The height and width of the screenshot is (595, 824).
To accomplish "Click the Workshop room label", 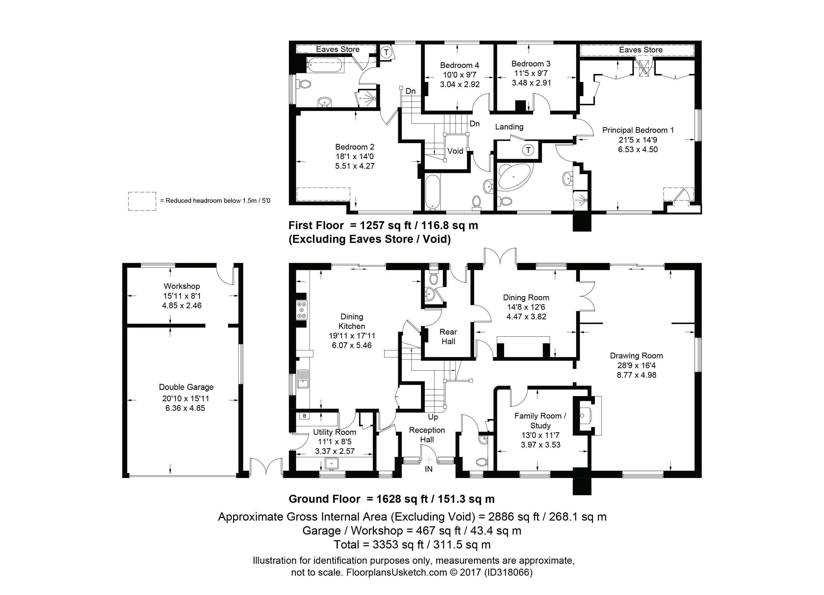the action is [182, 286].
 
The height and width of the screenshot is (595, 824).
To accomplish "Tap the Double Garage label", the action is [186, 387].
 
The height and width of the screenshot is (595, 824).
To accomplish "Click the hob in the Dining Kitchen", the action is [302, 310].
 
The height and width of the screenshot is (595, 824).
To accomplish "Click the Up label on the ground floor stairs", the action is [433, 417].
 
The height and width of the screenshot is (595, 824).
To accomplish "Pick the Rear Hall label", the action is [448, 337].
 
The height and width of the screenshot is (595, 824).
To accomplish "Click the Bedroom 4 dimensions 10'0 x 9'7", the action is [460, 75].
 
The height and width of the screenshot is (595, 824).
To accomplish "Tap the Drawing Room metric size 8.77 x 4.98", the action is [636, 375].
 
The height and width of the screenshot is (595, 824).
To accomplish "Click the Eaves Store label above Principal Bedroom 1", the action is [641, 50].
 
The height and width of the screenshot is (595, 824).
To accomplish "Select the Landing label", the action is [509, 127].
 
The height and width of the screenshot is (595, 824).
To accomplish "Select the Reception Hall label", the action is [427, 435].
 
